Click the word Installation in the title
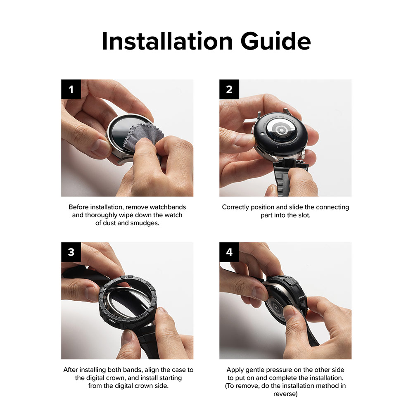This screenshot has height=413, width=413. coord(167,41)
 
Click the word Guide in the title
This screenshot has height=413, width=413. coord(275,41)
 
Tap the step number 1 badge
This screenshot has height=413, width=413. coord(71,89)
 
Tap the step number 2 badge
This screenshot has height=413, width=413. coord(229,89)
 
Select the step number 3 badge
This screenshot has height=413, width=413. coord(71,252)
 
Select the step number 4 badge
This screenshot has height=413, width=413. coord(229,252)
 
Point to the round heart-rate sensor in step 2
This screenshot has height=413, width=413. coord(281,130)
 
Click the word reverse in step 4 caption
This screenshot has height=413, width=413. coord(285,394)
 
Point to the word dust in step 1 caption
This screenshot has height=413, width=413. coord(109,223)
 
